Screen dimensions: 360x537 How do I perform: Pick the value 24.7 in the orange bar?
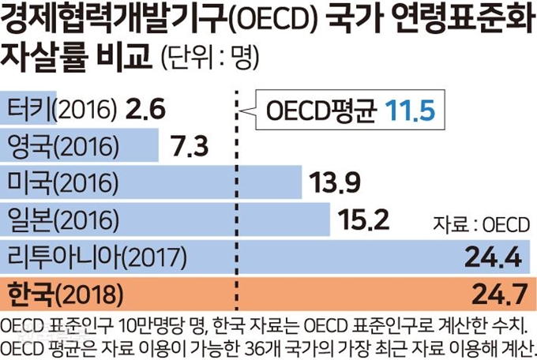[498, 295]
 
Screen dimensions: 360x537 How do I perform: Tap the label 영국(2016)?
[62, 145]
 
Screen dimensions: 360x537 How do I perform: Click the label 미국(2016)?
[62, 182]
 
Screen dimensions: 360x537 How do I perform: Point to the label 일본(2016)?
[62, 219]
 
